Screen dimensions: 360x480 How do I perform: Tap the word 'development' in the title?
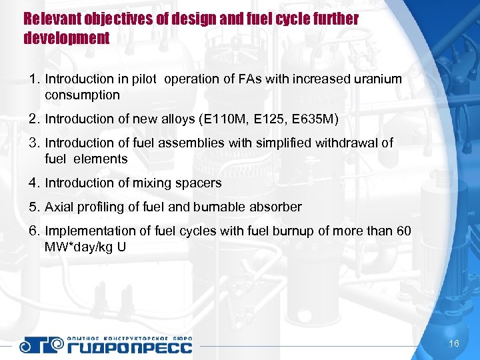click(66, 38)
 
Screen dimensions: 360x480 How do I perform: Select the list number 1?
click(33, 79)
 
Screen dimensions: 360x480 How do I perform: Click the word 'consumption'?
click(82, 95)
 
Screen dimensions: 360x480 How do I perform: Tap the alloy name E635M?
click(316, 119)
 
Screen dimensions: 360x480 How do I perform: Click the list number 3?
click(33, 143)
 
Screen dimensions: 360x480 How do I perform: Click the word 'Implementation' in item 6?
click(85, 231)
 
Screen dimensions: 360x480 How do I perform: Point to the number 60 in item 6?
click(404, 231)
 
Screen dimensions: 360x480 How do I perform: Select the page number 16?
click(455, 344)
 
